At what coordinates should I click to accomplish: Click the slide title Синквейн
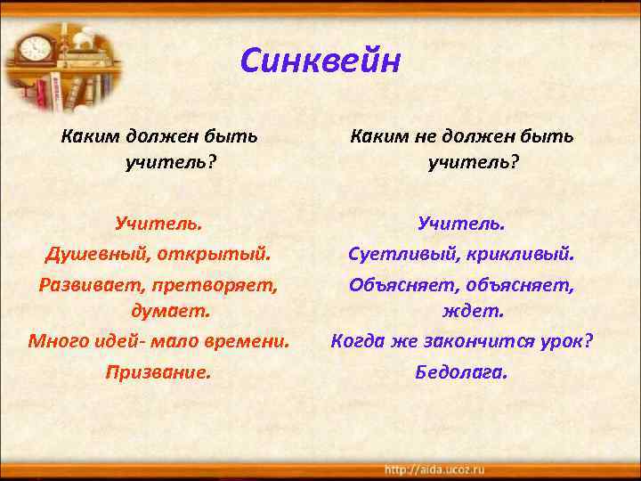(320, 62)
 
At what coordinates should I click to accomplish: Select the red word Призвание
(158, 371)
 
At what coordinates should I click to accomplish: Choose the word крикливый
(521, 255)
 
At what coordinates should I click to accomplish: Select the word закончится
(474, 341)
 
